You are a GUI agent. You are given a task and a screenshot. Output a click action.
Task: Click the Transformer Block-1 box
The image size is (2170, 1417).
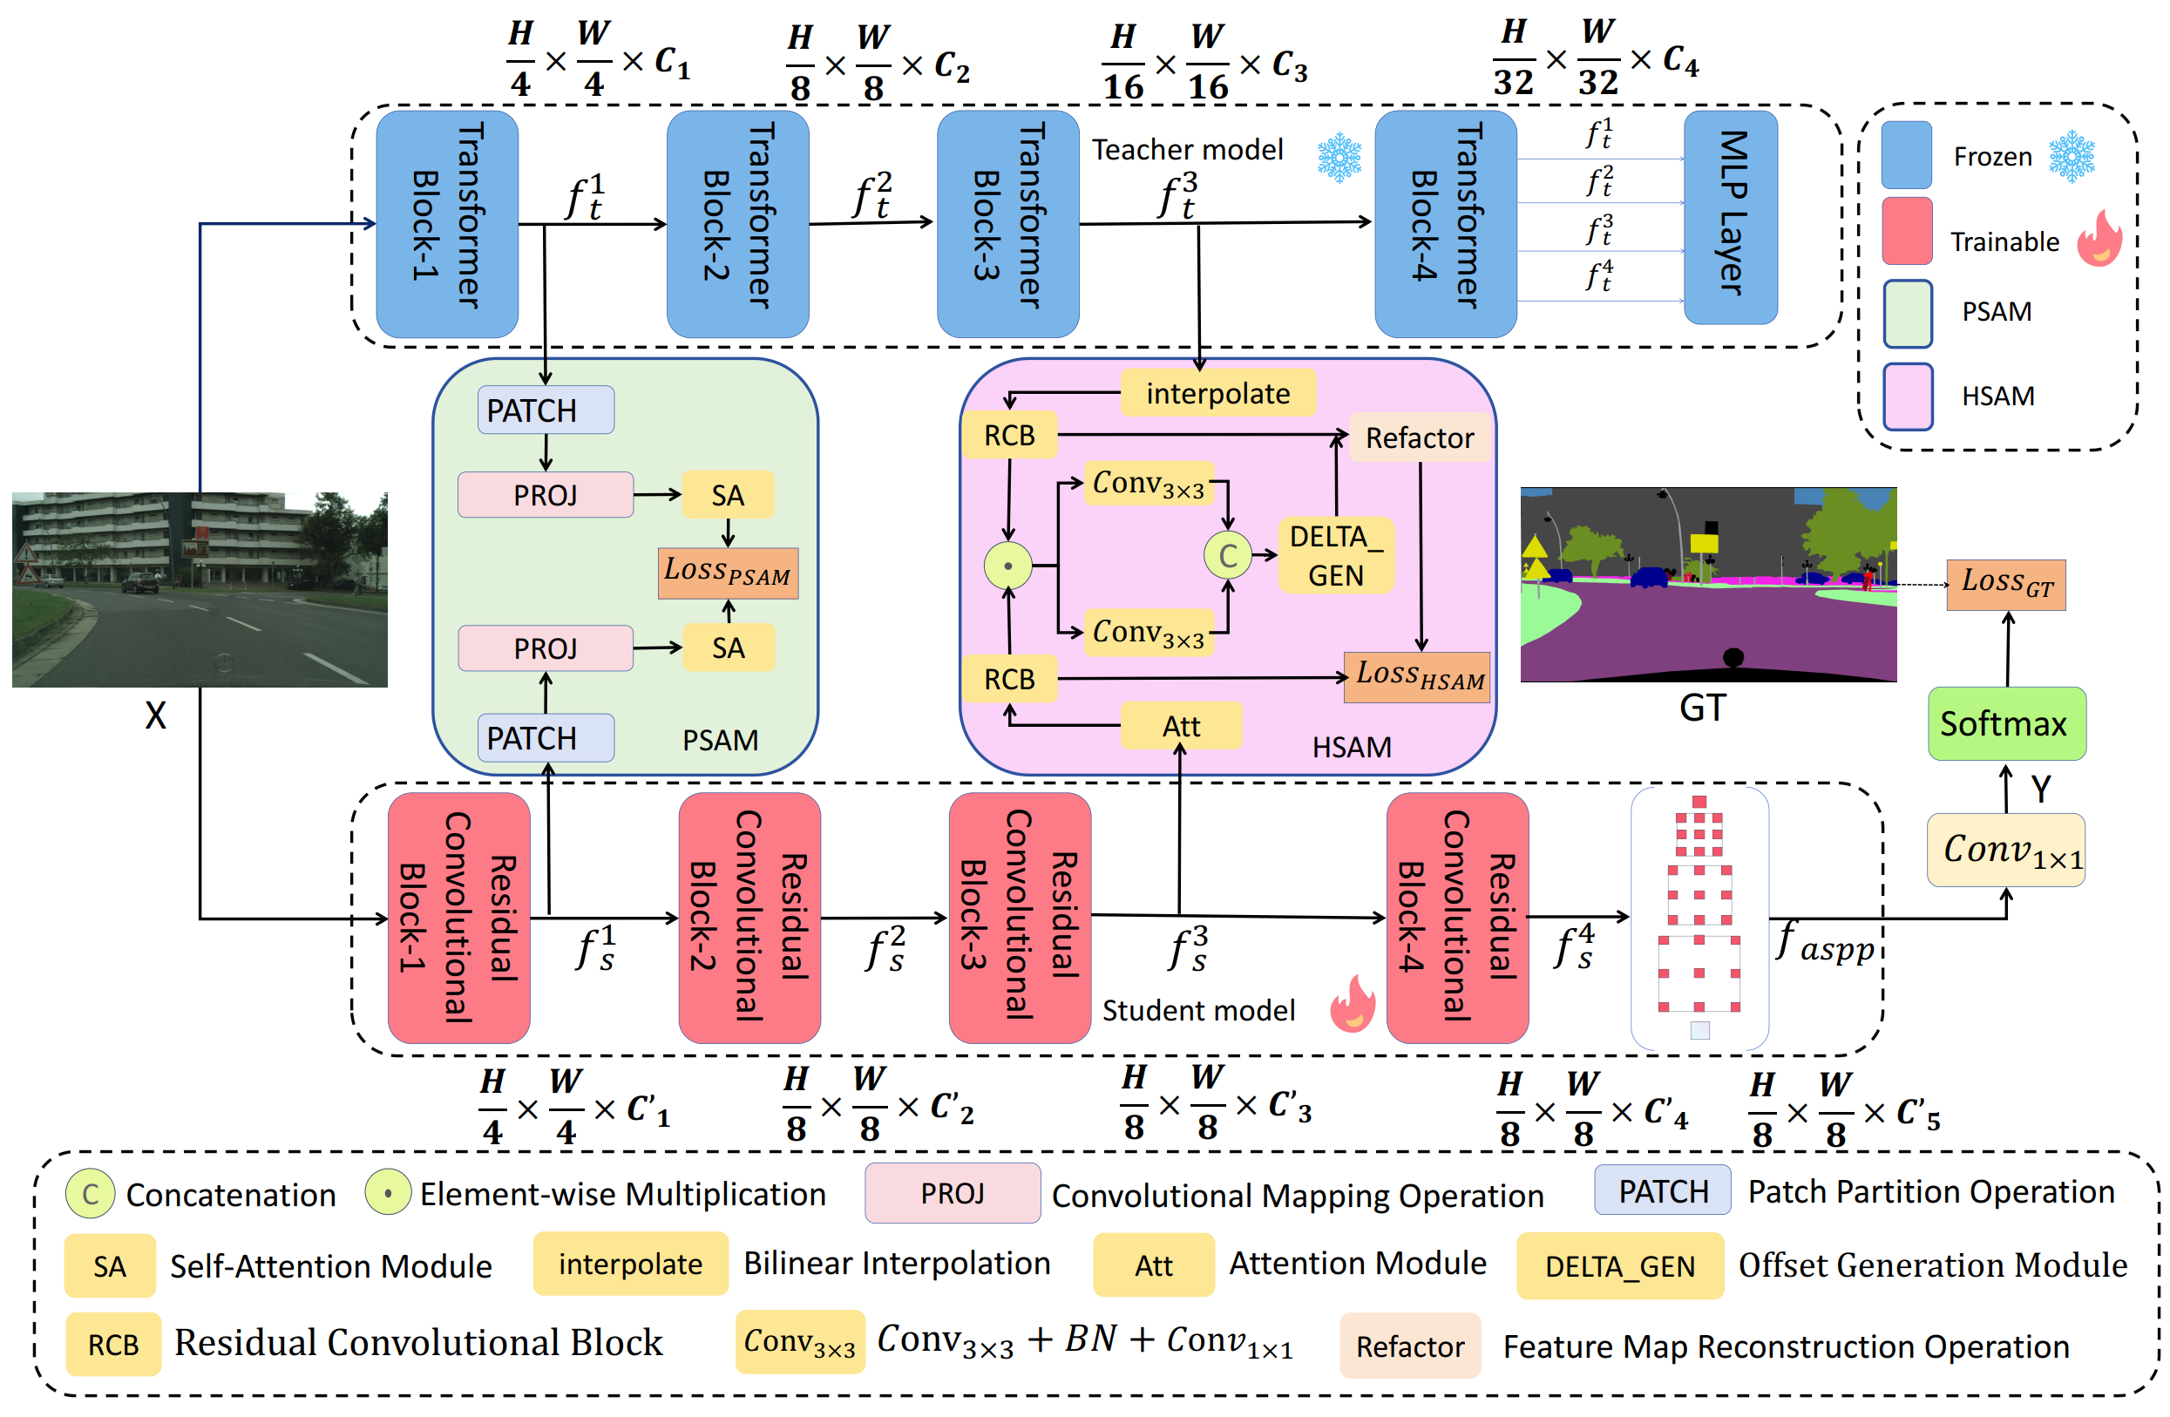[447, 223]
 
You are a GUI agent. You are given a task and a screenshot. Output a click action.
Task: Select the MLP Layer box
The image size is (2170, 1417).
[1730, 216]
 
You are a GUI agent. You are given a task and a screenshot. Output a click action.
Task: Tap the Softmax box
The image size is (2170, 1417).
[2006, 723]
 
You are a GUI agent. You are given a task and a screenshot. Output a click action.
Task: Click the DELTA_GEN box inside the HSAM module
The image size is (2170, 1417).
[1335, 555]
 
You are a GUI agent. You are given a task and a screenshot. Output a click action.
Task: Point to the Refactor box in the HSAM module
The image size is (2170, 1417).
[1419, 437]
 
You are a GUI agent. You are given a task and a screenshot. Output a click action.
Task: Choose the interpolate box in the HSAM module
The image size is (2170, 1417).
[1217, 393]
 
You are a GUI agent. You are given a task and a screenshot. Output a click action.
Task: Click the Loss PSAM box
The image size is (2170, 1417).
[728, 573]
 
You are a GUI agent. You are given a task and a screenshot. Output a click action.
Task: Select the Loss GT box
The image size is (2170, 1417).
[2006, 584]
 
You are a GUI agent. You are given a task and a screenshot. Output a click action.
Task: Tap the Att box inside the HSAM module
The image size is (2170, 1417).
[1181, 726]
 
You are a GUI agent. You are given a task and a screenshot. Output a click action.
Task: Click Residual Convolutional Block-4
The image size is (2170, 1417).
[1456, 917]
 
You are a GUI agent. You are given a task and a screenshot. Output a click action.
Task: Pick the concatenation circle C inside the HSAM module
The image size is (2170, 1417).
[1227, 555]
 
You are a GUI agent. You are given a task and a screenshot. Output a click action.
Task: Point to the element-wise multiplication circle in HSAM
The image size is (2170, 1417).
[1007, 566]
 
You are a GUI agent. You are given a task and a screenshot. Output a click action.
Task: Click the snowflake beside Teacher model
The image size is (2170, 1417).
[1339, 157]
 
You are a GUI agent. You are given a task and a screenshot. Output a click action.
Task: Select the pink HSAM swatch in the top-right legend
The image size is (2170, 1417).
[1908, 396]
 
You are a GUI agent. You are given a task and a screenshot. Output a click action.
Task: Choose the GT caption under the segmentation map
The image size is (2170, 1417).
[1701, 708]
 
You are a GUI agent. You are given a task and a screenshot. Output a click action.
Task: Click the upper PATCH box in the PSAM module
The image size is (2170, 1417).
[546, 410]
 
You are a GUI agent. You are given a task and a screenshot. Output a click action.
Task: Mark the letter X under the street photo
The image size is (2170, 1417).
[156, 715]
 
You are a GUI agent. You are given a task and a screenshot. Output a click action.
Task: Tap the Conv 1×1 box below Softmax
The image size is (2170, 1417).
[2005, 850]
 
